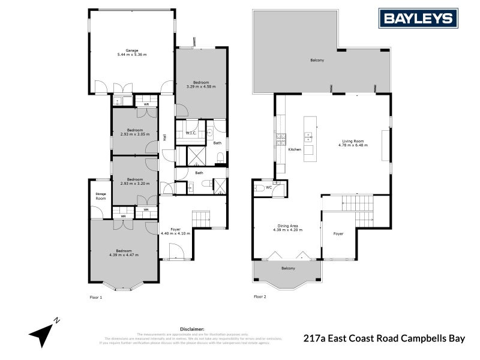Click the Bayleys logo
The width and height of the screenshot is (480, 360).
point(419,18)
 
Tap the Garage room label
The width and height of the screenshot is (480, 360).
point(132,50)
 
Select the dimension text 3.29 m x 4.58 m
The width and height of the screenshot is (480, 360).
point(201,86)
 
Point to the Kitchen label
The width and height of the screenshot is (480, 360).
point(295,149)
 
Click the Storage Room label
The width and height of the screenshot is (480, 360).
point(101,196)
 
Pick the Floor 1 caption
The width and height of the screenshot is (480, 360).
point(96,297)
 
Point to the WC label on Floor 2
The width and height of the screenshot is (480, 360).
point(268,187)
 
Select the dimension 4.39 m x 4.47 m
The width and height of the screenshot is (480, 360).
point(124,255)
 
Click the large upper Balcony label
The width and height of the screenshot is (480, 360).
point(317,61)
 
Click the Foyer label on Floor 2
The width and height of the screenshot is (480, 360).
point(338,233)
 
